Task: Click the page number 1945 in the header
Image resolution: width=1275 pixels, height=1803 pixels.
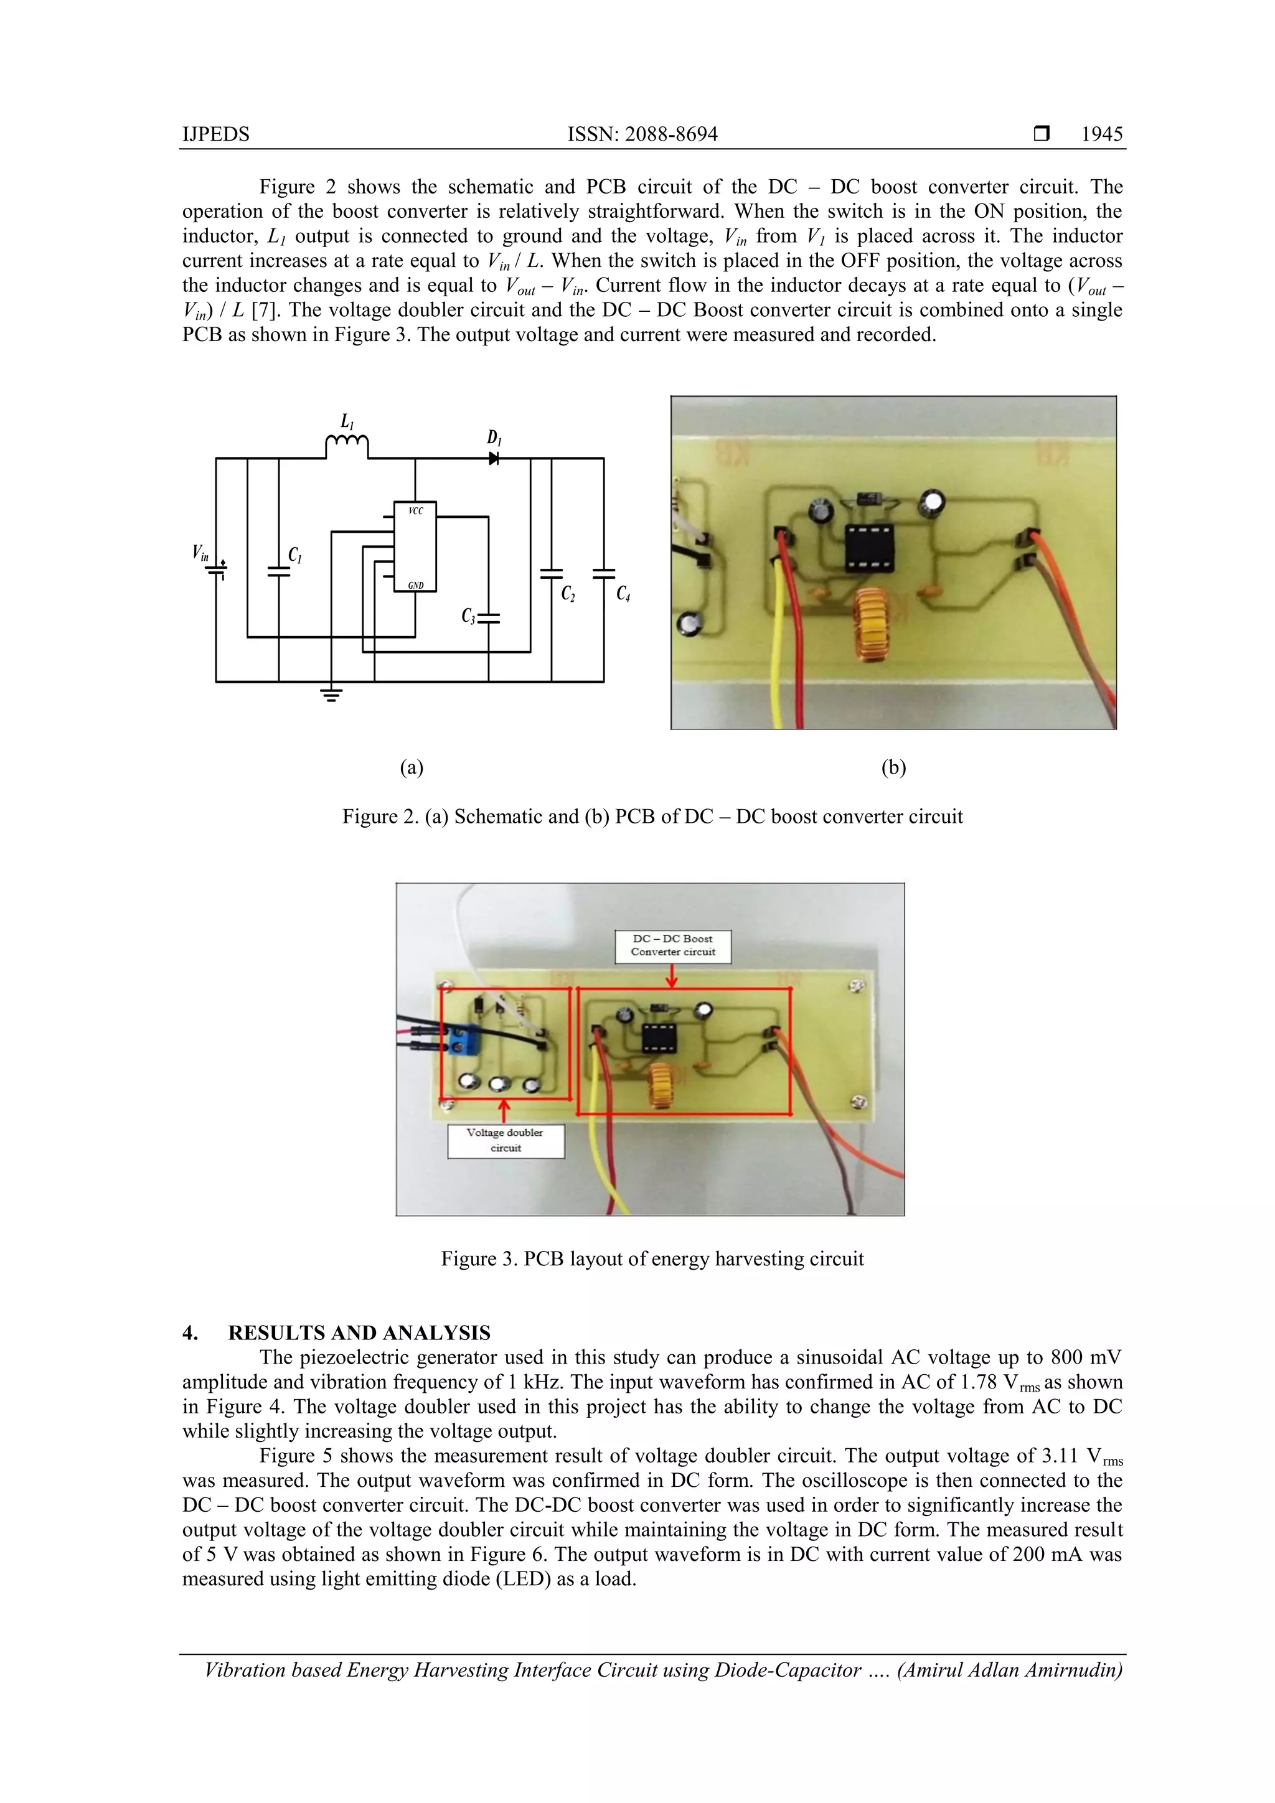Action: (x=1101, y=134)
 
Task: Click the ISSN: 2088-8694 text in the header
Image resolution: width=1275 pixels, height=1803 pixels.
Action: (x=642, y=134)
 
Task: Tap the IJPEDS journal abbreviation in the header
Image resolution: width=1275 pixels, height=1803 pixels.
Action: (x=215, y=134)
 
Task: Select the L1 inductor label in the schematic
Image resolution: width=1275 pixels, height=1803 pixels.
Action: (x=346, y=422)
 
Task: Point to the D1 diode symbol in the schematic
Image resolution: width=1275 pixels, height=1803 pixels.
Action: (x=493, y=458)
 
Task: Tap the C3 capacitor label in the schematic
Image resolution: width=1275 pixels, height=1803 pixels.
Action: (x=468, y=616)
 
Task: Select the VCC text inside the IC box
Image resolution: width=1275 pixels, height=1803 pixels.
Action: (x=416, y=511)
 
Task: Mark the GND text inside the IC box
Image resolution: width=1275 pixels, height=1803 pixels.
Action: (x=416, y=585)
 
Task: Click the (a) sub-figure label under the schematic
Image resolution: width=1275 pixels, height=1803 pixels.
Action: (x=412, y=767)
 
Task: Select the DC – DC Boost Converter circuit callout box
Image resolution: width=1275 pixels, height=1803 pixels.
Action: (x=672, y=945)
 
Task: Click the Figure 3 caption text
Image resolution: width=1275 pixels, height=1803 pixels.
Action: (x=651, y=1259)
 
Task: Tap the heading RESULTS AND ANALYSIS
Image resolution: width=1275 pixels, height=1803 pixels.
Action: (x=359, y=1332)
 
